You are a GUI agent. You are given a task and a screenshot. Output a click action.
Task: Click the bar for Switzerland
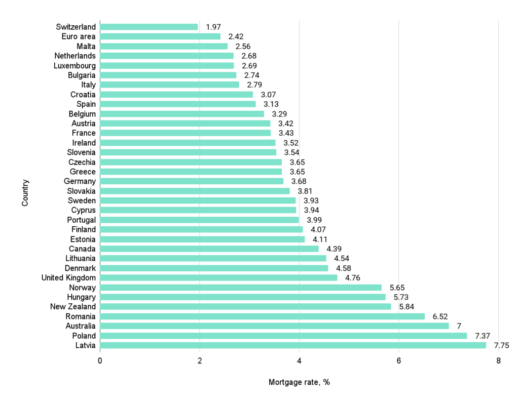pyautogui.click(x=149, y=27)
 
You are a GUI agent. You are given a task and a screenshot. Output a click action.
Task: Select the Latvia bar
pyautogui.click(x=293, y=346)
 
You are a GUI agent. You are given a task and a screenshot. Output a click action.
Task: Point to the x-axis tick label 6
pyautogui.click(x=399, y=361)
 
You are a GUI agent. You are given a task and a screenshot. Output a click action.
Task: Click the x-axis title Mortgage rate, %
pyautogui.click(x=299, y=382)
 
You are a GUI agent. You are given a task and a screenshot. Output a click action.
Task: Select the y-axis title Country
pyautogui.click(x=25, y=192)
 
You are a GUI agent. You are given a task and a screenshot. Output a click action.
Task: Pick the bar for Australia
pyautogui.click(x=274, y=326)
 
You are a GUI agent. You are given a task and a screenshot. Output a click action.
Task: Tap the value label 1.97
pyautogui.click(x=213, y=27)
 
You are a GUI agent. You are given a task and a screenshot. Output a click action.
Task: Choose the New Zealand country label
pyautogui.click(x=73, y=307)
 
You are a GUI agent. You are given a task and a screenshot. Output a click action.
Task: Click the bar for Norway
pyautogui.click(x=241, y=288)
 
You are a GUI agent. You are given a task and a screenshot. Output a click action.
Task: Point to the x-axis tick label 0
pyautogui.click(x=100, y=361)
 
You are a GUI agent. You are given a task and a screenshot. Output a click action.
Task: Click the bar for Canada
pyautogui.click(x=209, y=249)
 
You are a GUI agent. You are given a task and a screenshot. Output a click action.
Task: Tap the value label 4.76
pyautogui.click(x=353, y=278)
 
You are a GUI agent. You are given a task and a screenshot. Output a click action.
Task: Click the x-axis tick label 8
pyautogui.click(x=498, y=361)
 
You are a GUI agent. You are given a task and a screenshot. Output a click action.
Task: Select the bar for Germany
pyautogui.click(x=192, y=181)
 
